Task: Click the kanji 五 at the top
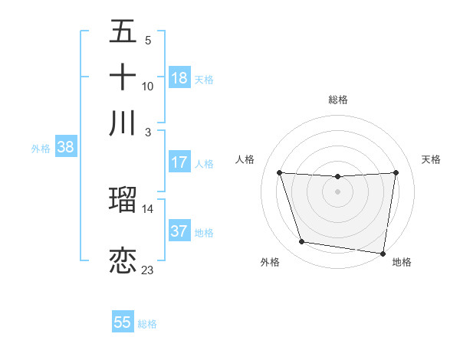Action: click(x=123, y=32)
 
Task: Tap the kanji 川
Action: click(x=123, y=123)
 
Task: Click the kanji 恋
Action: click(x=123, y=260)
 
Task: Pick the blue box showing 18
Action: click(x=179, y=78)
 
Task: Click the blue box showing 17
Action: click(x=179, y=162)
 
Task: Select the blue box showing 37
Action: click(x=179, y=231)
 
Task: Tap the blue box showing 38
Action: click(x=65, y=148)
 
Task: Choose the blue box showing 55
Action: click(x=123, y=322)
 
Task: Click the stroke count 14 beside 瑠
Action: click(x=148, y=208)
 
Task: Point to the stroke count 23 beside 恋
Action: click(x=148, y=270)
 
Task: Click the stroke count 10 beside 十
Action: click(x=148, y=86)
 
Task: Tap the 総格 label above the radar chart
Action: click(x=338, y=100)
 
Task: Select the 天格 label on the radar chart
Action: click(x=432, y=159)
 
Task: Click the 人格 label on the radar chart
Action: click(x=245, y=159)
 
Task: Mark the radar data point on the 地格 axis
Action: click(x=383, y=253)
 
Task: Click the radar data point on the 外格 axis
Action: click(x=301, y=242)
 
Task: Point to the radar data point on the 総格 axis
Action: click(x=337, y=177)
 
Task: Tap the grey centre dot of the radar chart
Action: click(x=337, y=191)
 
